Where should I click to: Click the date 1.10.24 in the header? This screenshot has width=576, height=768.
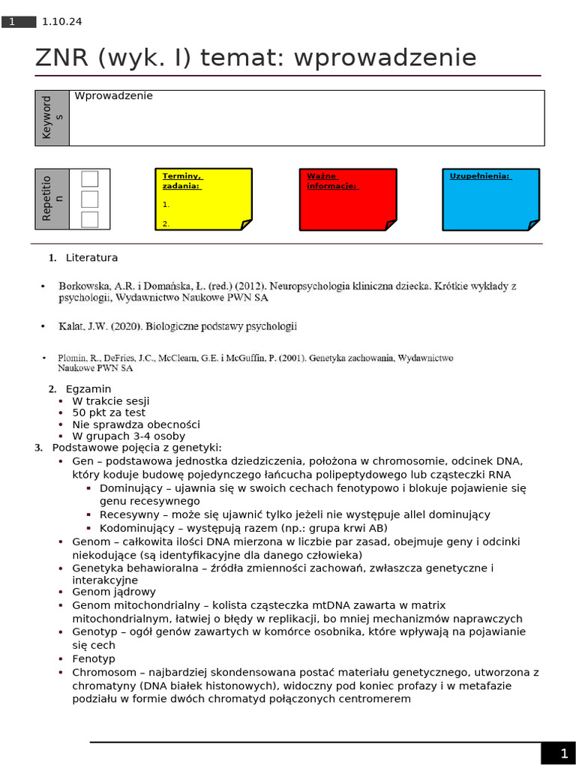pyautogui.click(x=62, y=22)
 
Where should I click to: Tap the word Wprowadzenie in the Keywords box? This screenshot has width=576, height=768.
pyautogui.click(x=113, y=96)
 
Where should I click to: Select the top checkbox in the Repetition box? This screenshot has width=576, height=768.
pyautogui.click(x=90, y=178)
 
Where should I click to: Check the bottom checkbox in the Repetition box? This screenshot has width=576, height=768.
pyautogui.click(x=90, y=219)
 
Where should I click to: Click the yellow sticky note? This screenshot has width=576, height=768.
pyautogui.click(x=203, y=199)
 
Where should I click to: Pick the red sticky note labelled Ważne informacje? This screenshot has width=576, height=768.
pyautogui.click(x=347, y=199)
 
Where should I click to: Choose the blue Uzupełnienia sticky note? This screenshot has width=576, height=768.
pyautogui.click(x=490, y=199)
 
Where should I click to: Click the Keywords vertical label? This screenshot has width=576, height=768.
pyautogui.click(x=52, y=118)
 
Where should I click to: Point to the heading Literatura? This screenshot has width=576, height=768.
pyautogui.click(x=91, y=258)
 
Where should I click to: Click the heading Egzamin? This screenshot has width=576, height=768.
pyautogui.click(x=88, y=389)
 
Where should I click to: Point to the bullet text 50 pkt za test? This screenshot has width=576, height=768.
pyautogui.click(x=109, y=412)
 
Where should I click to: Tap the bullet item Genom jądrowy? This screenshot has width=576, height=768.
pyautogui.click(x=114, y=592)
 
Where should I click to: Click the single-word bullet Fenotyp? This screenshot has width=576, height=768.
pyautogui.click(x=94, y=658)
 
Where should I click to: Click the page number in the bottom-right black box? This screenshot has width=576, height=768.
pyautogui.click(x=564, y=754)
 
